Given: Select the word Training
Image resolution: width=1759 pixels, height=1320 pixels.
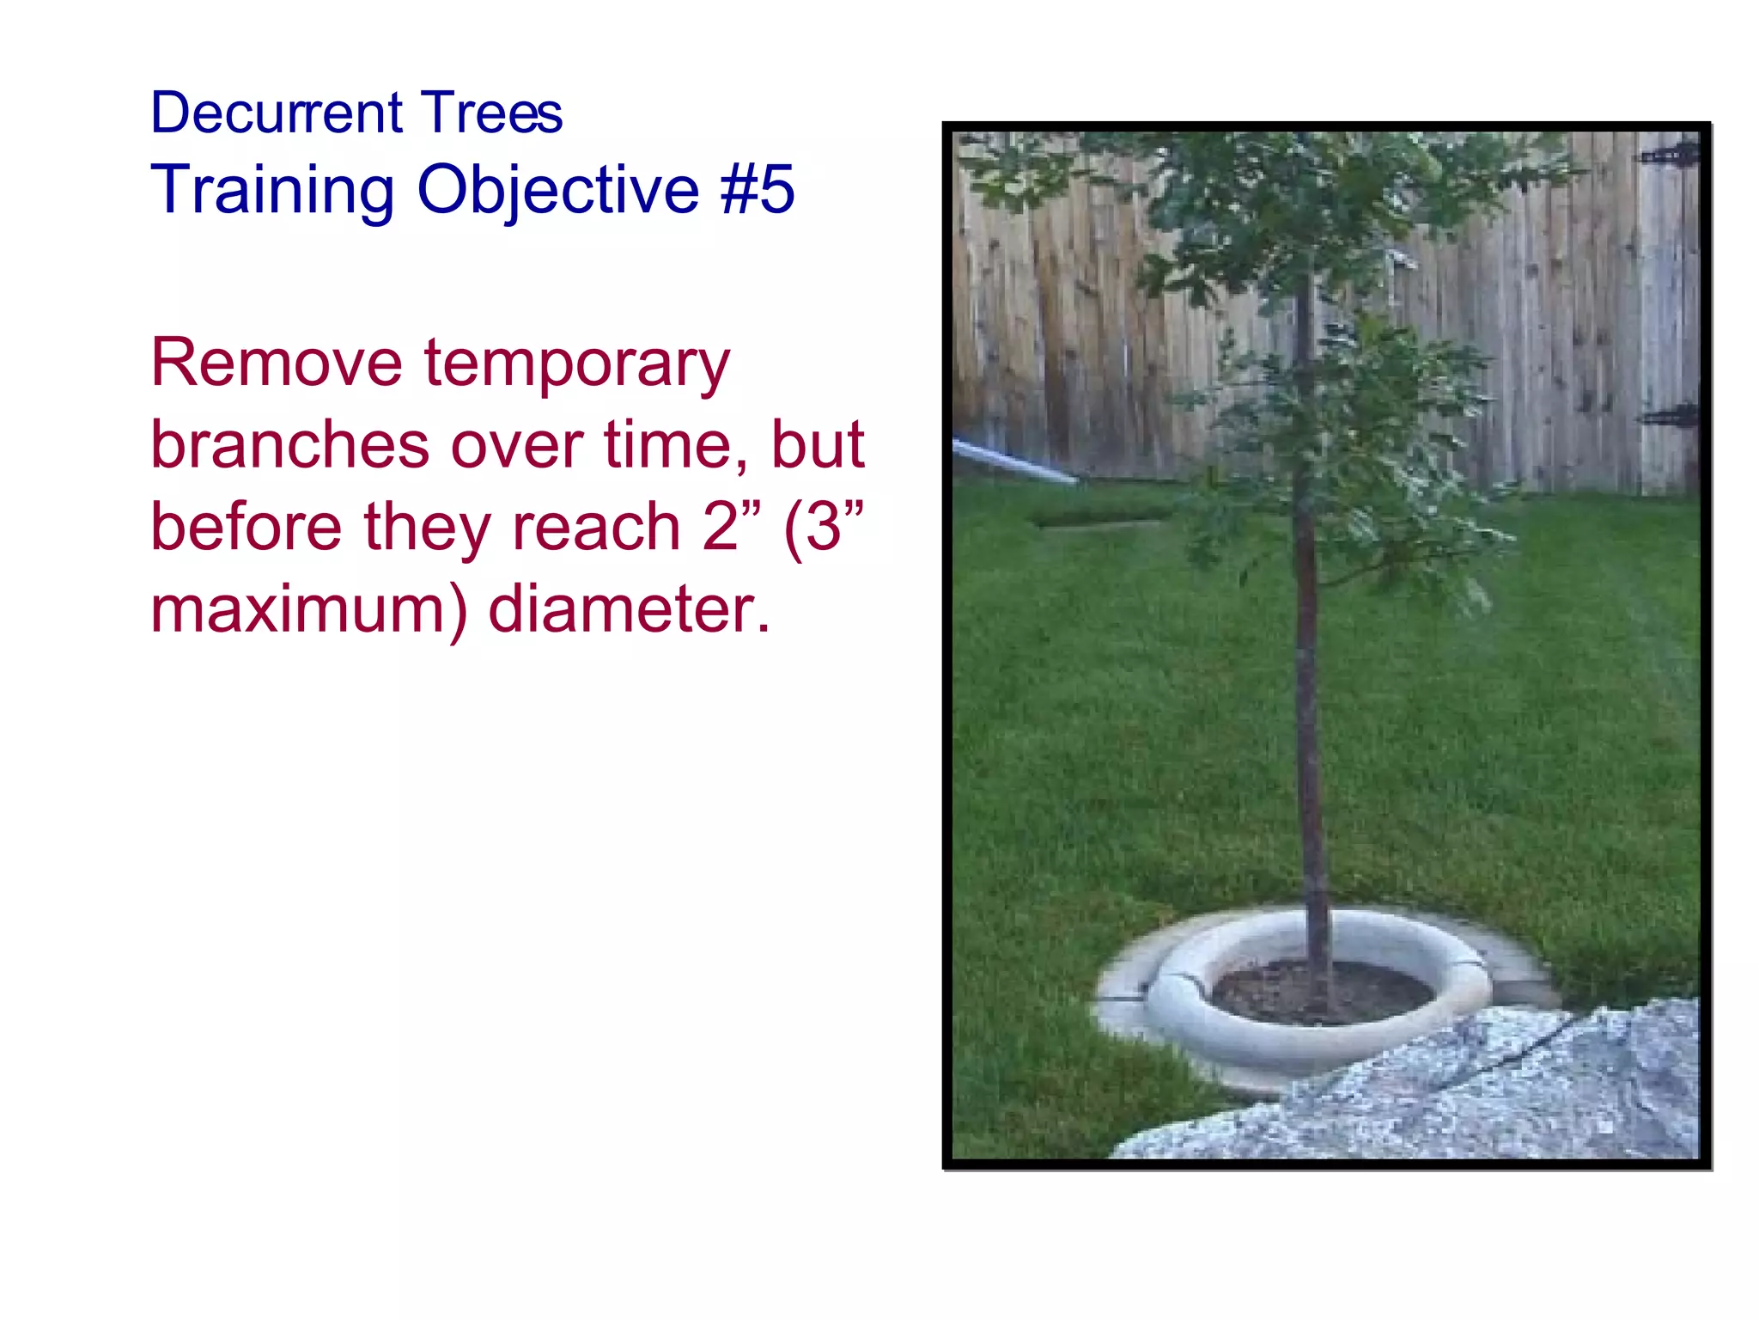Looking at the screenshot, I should [x=272, y=190].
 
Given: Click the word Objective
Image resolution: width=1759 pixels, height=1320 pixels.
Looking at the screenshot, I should [x=558, y=190].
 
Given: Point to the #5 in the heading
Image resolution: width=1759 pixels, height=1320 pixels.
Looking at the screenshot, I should [x=758, y=189].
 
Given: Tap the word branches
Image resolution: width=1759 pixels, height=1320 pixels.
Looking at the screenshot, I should [x=289, y=445].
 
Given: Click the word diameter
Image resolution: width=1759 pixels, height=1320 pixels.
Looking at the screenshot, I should [x=629, y=608].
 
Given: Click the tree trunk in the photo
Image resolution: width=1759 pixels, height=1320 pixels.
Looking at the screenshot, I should [x=1311, y=730].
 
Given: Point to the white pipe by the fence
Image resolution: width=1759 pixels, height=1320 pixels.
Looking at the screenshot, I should [x=1013, y=461].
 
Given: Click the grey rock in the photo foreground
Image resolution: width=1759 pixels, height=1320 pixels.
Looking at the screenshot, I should [x=1460, y=1091].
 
